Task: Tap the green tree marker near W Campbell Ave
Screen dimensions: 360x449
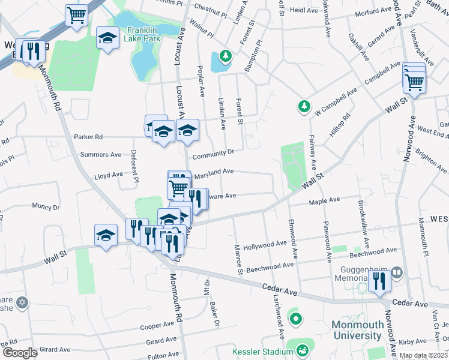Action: [304, 107]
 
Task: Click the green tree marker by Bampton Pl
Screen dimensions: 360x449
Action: [225, 56]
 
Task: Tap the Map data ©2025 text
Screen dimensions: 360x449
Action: [423, 355]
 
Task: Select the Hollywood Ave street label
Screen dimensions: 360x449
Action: [265, 245]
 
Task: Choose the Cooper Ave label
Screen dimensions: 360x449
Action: [157, 326]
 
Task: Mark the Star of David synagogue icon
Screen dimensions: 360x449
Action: [22, 302]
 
